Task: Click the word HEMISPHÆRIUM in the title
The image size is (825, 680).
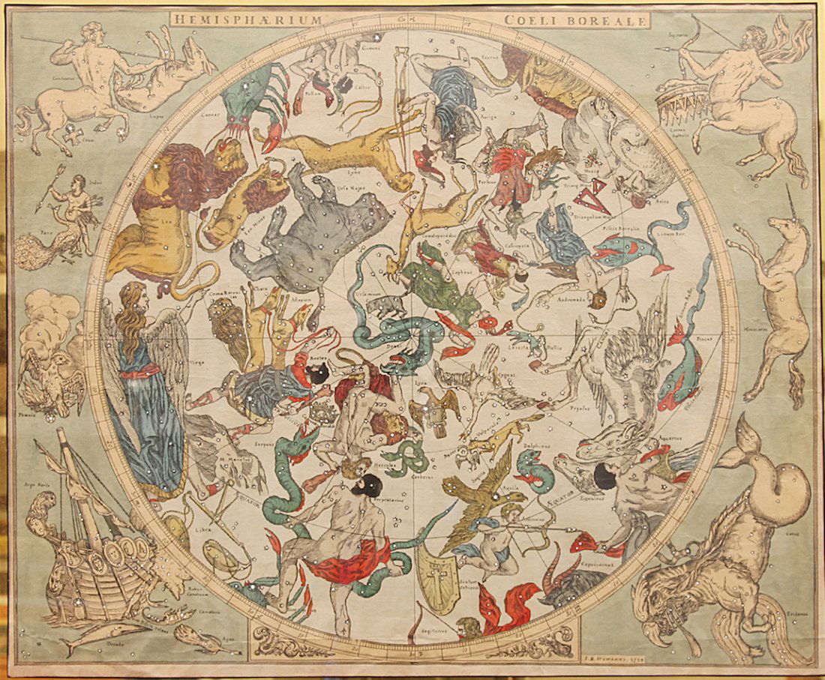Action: tap(246, 19)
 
